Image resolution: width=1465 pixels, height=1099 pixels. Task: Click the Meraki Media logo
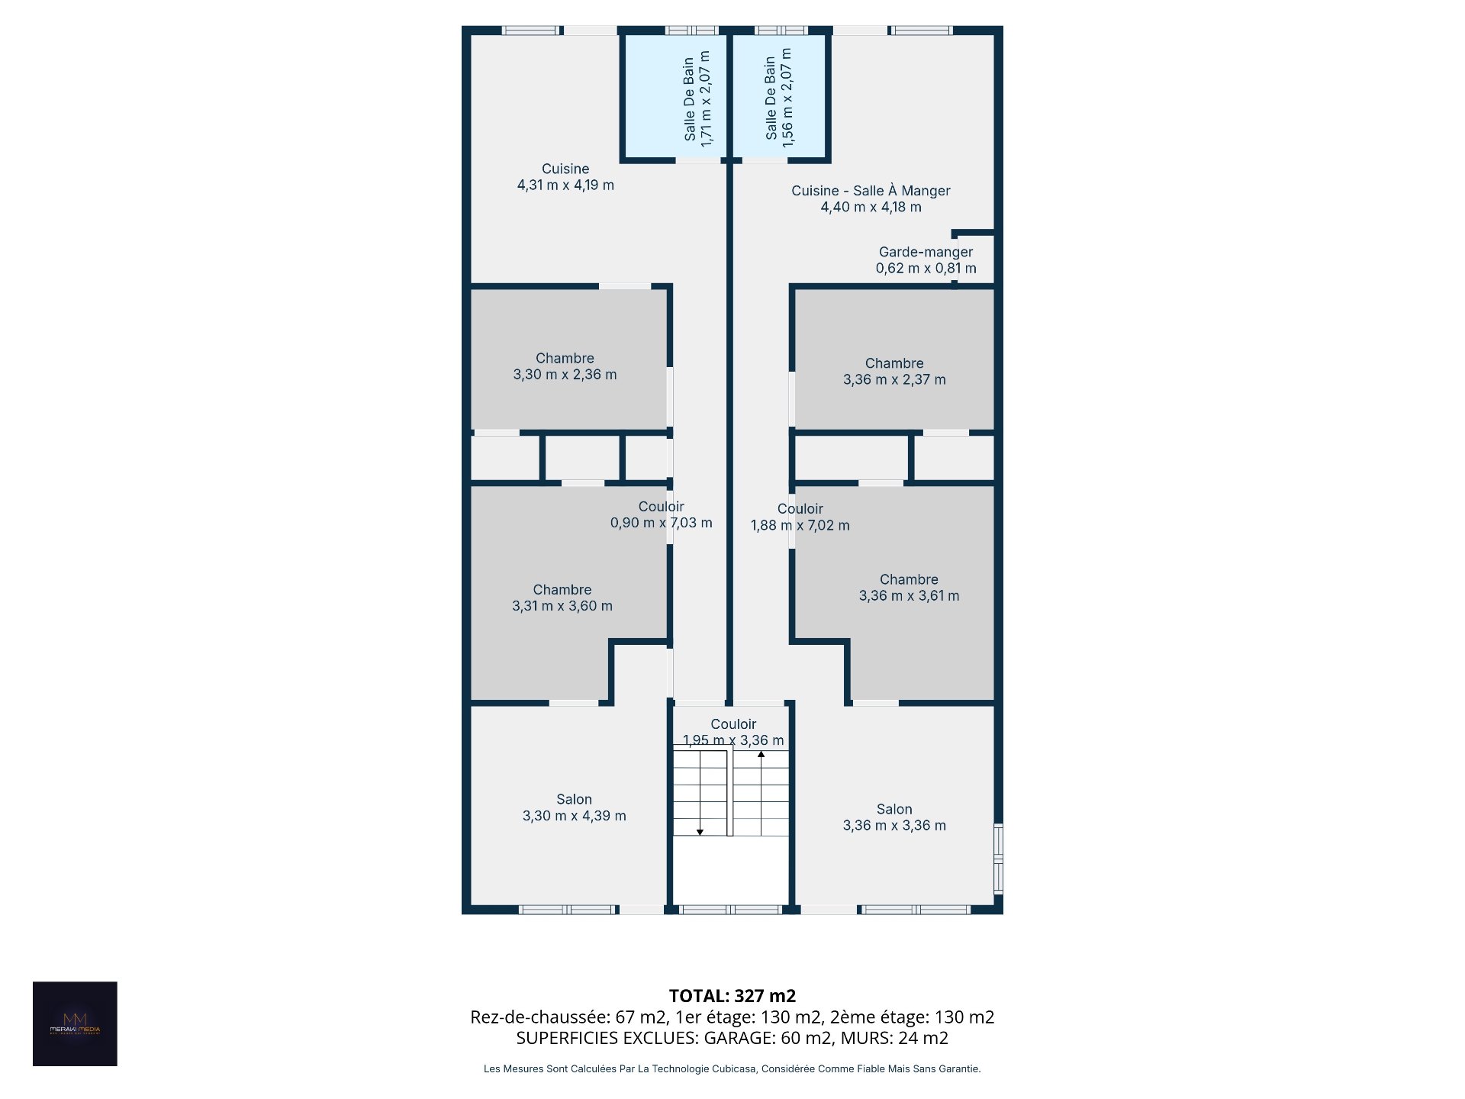click(75, 1023)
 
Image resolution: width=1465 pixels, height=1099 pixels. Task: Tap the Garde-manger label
click(926, 260)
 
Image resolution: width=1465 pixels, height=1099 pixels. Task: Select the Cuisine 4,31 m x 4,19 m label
click(565, 177)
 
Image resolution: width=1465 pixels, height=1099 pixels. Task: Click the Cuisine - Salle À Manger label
click(871, 198)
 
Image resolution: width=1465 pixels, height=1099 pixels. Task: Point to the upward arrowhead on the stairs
click(761, 755)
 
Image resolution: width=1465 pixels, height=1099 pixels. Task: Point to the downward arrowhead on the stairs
click(700, 832)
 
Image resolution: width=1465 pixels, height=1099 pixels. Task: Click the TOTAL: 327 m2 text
click(732, 996)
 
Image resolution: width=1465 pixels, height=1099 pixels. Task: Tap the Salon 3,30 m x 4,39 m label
click(574, 807)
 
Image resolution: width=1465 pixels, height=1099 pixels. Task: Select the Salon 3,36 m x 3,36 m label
click(894, 817)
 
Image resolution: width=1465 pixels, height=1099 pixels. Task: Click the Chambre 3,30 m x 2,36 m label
click(565, 366)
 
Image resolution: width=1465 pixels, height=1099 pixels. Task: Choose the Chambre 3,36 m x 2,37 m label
click(894, 372)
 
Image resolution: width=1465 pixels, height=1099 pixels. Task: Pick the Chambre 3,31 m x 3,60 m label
click(562, 598)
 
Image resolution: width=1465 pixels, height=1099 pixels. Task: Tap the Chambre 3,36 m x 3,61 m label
click(909, 588)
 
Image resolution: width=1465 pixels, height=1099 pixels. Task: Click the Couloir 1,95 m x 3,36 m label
click(733, 732)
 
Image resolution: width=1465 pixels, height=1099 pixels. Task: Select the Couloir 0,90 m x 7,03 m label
click(661, 514)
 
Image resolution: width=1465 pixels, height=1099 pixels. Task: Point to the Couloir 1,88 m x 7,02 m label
click(800, 517)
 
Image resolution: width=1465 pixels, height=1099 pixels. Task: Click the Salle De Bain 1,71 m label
click(697, 98)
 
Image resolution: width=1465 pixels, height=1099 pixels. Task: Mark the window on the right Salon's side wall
click(998, 858)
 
